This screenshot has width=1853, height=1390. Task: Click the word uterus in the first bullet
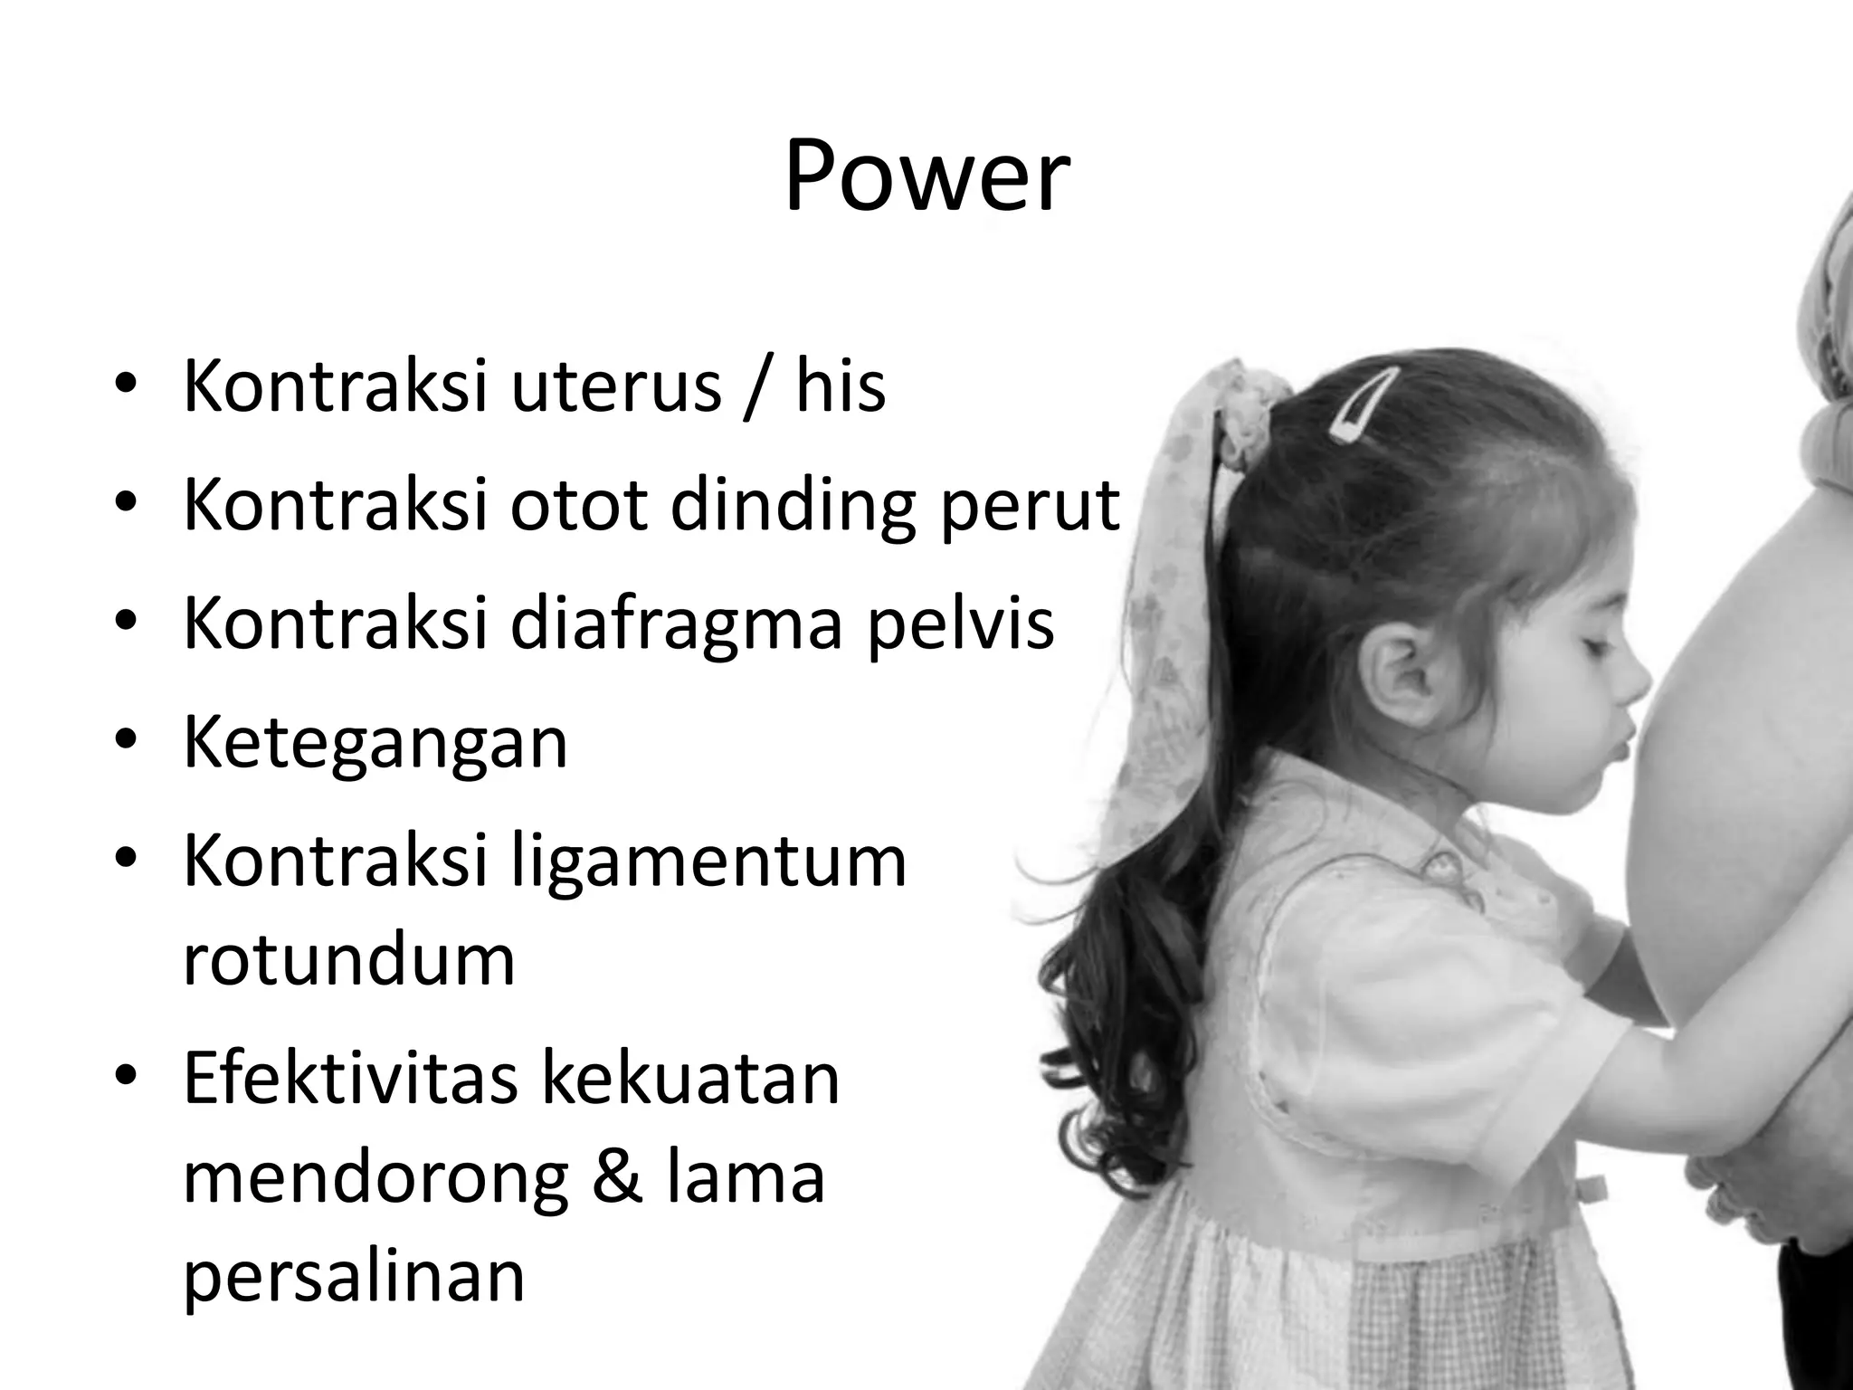tap(616, 387)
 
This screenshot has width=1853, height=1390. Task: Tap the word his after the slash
tap(841, 387)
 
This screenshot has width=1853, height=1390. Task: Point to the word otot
tap(579, 505)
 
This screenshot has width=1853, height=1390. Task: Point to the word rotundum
tap(348, 959)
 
